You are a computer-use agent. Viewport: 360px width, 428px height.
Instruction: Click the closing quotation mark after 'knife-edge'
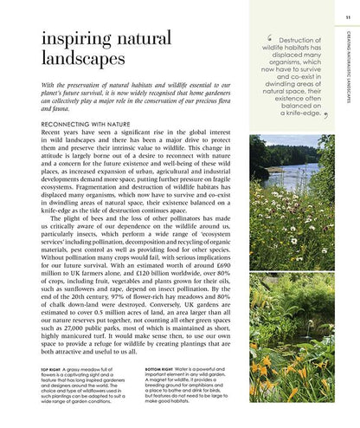[325, 113]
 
